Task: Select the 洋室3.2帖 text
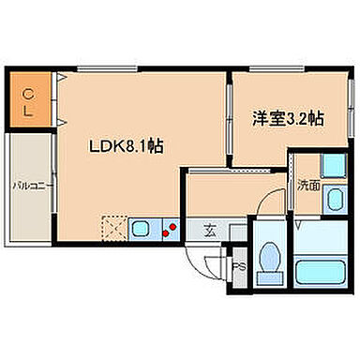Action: coord(288,119)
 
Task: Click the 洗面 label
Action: coord(309,186)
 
